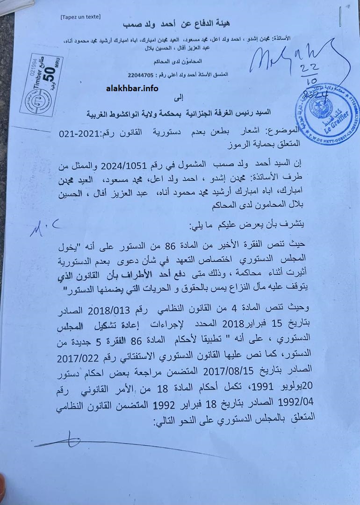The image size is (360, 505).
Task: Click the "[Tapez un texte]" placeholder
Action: pos(80,17)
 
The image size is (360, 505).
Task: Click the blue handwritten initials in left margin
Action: pos(43,227)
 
